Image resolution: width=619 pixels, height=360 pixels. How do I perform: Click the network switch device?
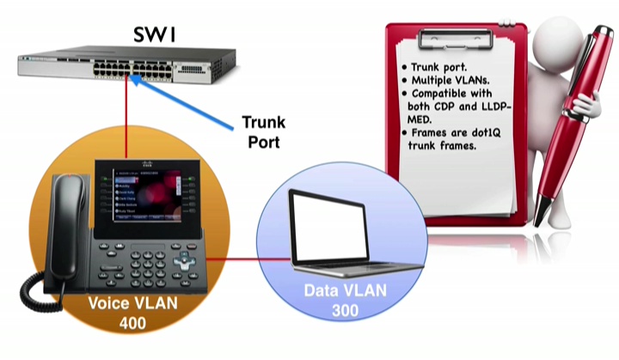[x=127, y=65]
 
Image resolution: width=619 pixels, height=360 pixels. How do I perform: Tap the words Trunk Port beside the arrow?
[x=263, y=130]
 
